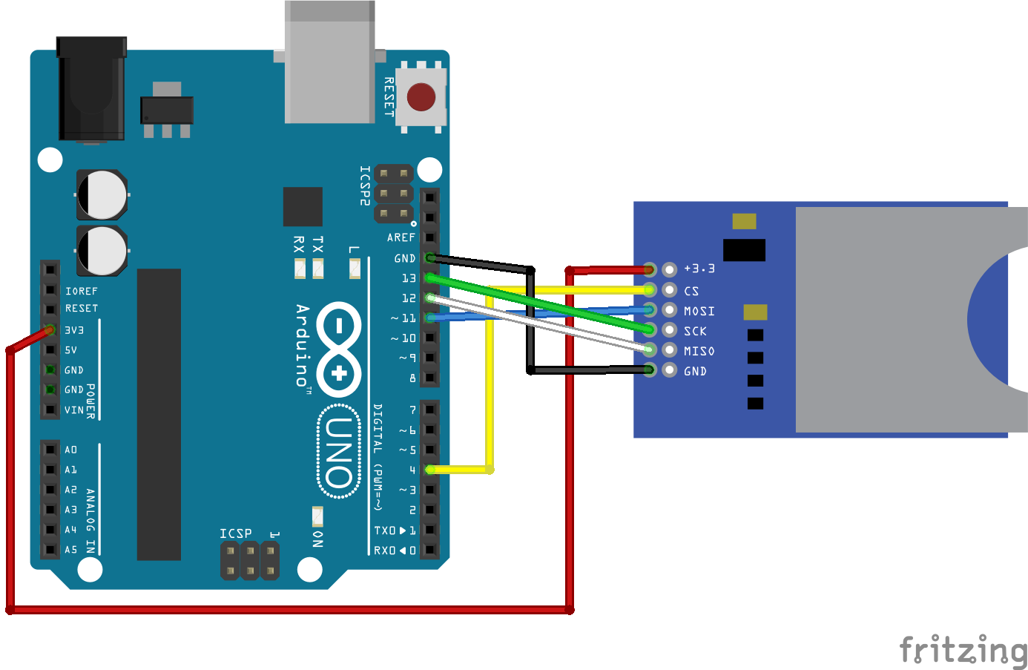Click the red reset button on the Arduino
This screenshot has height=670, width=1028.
pos(421,97)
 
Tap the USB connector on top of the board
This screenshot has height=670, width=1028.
pos(329,63)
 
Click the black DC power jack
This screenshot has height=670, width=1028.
pos(91,89)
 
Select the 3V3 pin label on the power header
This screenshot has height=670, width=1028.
pos(74,330)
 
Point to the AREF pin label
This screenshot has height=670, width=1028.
pos(401,237)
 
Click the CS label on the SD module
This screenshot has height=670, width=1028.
pos(691,291)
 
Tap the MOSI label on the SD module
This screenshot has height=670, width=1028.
pos(699,311)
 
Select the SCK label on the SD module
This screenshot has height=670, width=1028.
pos(695,331)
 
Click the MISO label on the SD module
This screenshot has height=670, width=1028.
pos(699,351)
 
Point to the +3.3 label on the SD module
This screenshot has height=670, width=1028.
pos(699,269)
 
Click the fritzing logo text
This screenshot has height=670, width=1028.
pos(963,651)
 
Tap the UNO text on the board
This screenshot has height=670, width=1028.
pos(338,452)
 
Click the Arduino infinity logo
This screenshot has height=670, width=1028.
pos(339,349)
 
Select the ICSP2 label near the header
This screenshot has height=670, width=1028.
pos(364,185)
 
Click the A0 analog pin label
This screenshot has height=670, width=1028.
pos(70,450)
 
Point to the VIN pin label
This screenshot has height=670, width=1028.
pos(73,410)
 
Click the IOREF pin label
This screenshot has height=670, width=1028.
pos(81,291)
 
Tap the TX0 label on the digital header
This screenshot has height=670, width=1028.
pos(384,531)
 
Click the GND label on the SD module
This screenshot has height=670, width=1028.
pos(695,371)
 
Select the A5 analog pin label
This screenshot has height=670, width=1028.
pos(70,550)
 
